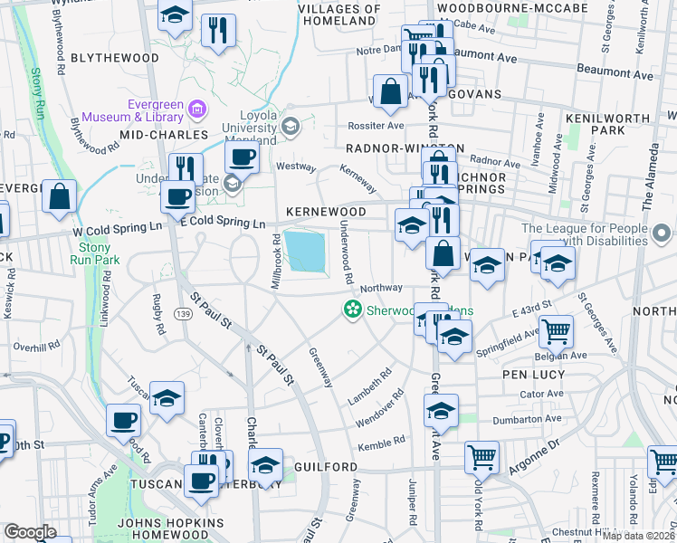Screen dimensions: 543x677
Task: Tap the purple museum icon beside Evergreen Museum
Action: pos(196,111)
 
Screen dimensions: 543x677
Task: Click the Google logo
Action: pos(31,532)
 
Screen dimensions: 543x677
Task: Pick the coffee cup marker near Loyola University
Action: pos(242,157)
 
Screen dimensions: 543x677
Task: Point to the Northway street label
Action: pos(380,288)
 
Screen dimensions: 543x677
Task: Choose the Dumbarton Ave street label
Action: pos(527,419)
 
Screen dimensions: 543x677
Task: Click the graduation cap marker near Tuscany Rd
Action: pos(167,398)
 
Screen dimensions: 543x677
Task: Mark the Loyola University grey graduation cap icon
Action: pos(291,126)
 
